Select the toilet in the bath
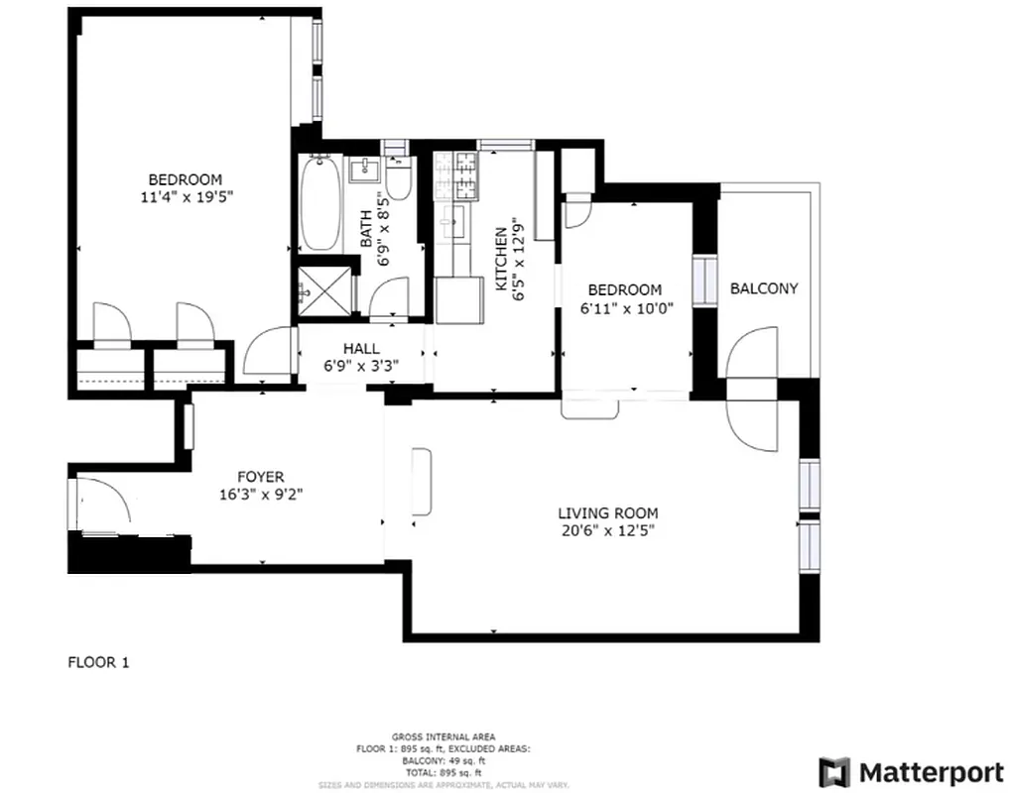pos(399,179)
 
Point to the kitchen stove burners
pos(454,174)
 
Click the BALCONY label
pos(764,288)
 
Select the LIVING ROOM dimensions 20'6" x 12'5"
pos(607,530)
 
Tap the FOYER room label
pos(261,475)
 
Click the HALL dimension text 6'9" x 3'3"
pos(361,365)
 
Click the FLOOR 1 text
pos(98,662)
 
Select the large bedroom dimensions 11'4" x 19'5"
pos(186,196)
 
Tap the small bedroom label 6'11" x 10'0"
pos(625,307)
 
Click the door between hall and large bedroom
pos(266,351)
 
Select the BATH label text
pos(366,229)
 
